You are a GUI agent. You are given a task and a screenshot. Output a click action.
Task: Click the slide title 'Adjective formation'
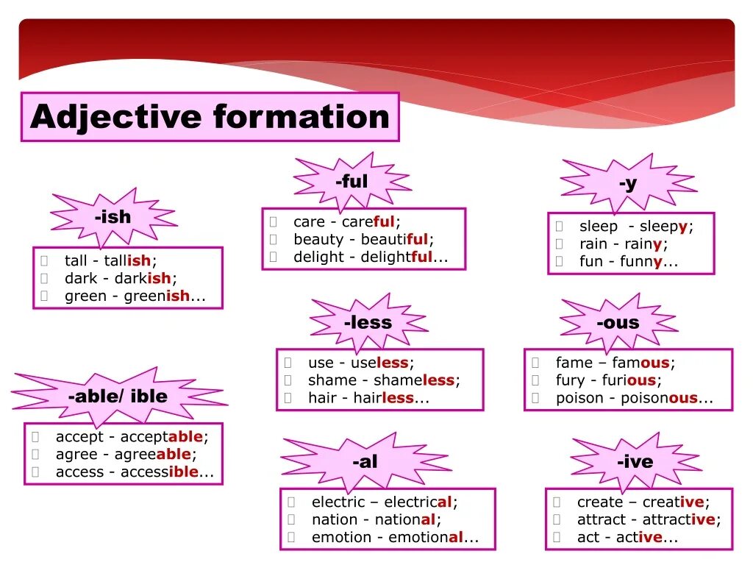click(210, 117)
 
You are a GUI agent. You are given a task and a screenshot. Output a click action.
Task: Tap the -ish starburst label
click(113, 217)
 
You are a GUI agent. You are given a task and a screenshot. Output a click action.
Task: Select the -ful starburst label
click(351, 182)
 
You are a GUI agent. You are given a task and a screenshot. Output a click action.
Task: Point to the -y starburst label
click(627, 183)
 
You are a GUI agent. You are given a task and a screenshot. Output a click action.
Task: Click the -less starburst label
click(368, 322)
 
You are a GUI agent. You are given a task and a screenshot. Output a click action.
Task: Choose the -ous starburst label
click(618, 322)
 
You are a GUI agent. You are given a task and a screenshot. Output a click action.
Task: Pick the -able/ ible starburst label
click(118, 396)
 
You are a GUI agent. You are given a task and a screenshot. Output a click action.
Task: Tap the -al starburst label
click(365, 462)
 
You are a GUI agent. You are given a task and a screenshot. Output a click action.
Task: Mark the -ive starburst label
click(635, 462)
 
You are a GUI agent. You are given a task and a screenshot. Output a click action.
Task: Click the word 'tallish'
click(128, 261)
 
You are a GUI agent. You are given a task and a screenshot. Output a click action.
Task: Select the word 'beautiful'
click(395, 240)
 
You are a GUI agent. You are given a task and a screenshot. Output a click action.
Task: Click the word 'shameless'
click(414, 381)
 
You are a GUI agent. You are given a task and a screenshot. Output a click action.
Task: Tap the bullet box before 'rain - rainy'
click(559, 244)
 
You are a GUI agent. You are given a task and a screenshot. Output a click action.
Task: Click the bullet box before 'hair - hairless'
click(288, 399)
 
